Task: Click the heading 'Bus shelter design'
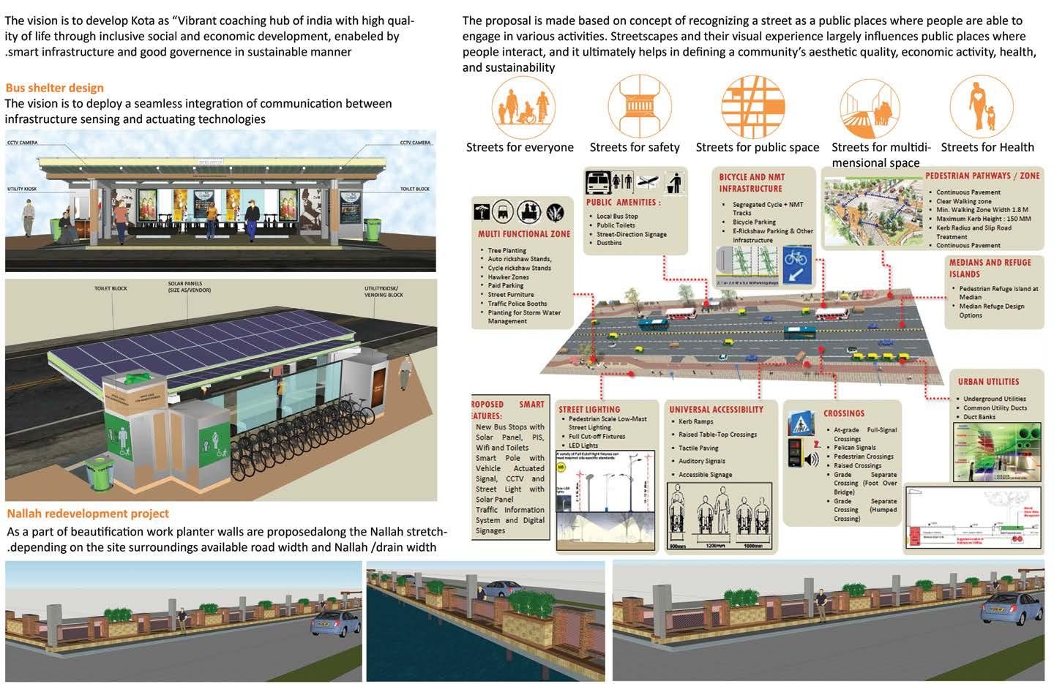[x=54, y=88]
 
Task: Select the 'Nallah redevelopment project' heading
[x=88, y=514]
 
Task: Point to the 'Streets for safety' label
[x=635, y=147]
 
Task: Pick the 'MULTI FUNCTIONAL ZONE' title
[x=523, y=234]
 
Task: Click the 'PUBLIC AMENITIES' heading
[x=623, y=203]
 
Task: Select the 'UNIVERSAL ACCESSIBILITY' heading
[x=716, y=410]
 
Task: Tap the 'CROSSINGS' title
[x=843, y=413]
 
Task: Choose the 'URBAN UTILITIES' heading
[x=988, y=382]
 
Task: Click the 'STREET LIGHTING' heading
[x=589, y=410]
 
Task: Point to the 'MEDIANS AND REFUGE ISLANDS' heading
[x=990, y=268]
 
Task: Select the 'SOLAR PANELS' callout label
[x=184, y=286]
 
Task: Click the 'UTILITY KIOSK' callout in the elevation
[x=22, y=189]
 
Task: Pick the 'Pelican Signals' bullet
[x=854, y=448]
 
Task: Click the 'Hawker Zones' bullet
[x=508, y=277]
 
